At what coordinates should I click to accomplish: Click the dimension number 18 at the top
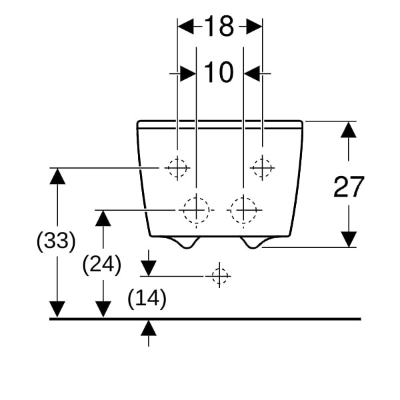(219, 27)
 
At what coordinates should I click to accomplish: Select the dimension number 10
(219, 72)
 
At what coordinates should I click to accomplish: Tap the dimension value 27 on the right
(349, 187)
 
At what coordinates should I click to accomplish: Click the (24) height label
(101, 265)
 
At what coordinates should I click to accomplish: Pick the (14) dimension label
(147, 299)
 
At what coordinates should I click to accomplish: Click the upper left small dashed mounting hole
(177, 167)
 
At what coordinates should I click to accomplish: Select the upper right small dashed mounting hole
(262, 167)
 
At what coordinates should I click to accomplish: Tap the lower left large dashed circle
(196, 209)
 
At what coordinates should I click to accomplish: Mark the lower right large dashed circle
(243, 209)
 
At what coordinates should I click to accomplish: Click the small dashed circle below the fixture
(219, 275)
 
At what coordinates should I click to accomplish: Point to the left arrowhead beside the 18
(186, 27)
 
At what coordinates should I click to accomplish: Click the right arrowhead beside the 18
(253, 27)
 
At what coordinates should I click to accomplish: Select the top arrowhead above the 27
(349, 130)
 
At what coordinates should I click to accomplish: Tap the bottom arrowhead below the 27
(349, 239)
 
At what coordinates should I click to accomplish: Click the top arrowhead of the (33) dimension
(57, 176)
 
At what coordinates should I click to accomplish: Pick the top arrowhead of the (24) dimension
(103, 218)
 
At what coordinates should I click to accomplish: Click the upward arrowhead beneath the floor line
(148, 327)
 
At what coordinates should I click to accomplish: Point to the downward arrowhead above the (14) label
(148, 267)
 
